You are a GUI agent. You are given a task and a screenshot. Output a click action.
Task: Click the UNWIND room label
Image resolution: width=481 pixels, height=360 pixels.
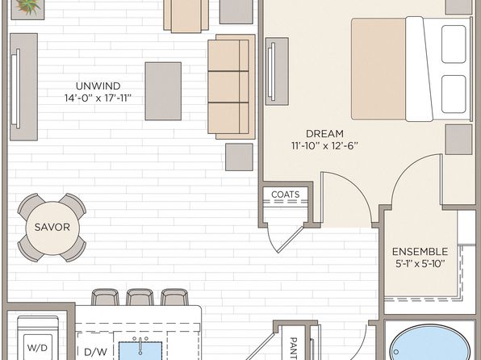98,86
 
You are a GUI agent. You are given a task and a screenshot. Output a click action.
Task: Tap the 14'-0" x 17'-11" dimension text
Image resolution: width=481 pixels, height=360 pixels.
98,98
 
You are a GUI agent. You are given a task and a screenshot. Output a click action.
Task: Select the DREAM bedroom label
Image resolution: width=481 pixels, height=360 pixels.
324,133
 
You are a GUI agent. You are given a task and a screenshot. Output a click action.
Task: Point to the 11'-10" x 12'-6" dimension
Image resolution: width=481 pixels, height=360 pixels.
324,146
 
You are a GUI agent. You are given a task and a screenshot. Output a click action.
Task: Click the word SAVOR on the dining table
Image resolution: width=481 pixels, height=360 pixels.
52,227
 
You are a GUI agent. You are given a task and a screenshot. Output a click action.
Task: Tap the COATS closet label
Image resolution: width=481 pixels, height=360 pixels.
285,195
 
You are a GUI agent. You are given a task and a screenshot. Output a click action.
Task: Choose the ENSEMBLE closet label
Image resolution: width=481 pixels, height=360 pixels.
420,252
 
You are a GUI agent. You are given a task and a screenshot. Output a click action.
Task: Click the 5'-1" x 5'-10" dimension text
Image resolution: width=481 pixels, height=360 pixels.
420,264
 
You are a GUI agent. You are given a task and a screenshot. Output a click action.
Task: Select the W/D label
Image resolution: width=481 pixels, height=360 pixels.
37,348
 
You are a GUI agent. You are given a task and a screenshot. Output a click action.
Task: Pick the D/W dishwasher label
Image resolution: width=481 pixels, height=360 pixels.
91,352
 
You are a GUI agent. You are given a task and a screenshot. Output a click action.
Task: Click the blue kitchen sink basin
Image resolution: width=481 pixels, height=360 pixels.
140,351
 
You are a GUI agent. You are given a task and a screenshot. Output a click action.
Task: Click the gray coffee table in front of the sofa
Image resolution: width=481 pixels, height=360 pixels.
163,91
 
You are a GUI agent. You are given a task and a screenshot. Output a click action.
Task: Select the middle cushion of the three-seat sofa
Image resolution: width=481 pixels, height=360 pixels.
228,87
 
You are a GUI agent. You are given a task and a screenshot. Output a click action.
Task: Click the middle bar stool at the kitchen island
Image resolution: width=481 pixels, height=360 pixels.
140,297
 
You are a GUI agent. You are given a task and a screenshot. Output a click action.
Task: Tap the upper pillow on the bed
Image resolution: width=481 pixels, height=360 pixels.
454,44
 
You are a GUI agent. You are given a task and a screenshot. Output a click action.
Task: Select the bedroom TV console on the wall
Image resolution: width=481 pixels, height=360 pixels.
277,71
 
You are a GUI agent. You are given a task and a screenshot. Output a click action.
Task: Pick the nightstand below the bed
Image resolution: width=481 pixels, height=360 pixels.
458,140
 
